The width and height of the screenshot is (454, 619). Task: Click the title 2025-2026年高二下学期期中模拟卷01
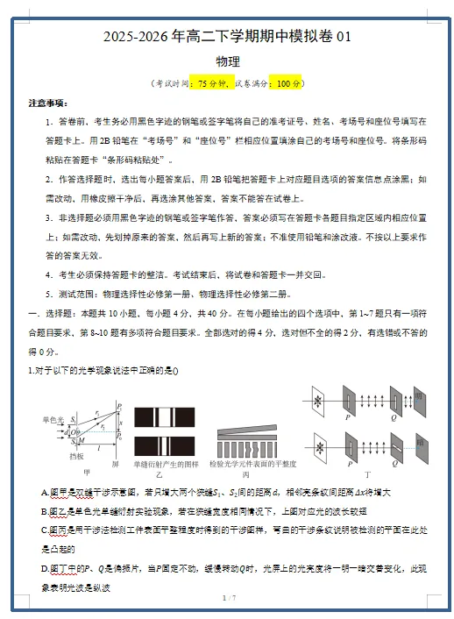click(227, 37)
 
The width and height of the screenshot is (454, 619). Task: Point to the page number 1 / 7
click(227, 598)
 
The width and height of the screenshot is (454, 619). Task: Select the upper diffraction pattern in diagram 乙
click(171, 416)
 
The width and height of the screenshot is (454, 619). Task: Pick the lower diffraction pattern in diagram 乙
click(171, 442)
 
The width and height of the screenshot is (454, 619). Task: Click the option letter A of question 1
click(45, 493)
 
